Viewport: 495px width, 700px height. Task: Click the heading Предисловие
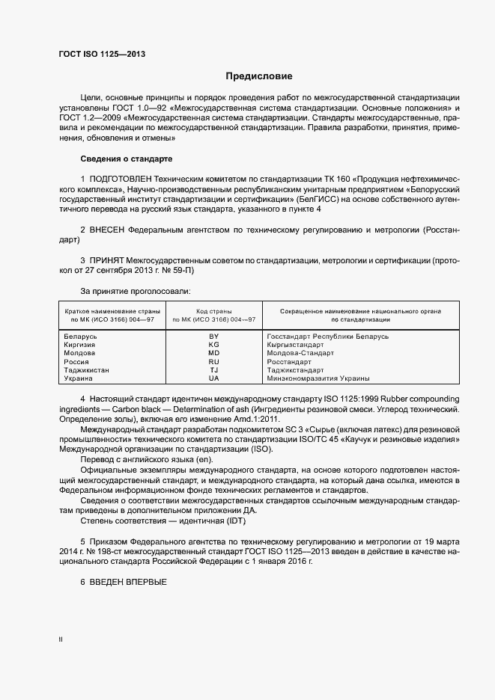(x=259, y=76)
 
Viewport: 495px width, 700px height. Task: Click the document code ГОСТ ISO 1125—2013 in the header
(x=102, y=55)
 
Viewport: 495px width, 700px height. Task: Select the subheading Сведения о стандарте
(x=126, y=159)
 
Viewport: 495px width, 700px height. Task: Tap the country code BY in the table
(x=213, y=337)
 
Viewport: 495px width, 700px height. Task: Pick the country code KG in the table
(x=213, y=345)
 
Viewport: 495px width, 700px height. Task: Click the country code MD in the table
(x=213, y=353)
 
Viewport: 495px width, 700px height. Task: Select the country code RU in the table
(x=213, y=361)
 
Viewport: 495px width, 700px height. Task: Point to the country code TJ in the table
(x=213, y=369)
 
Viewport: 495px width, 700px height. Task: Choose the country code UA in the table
(x=213, y=378)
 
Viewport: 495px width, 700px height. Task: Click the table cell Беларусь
(x=82, y=337)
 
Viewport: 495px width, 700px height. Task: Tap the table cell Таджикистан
(x=87, y=369)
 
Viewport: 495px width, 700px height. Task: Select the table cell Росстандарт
(x=289, y=361)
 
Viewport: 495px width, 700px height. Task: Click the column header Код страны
(x=213, y=310)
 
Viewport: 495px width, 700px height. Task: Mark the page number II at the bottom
(x=61, y=639)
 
